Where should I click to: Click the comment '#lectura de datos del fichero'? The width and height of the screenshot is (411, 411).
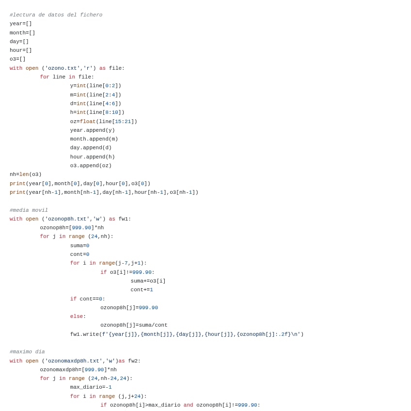pyautogui.click(x=56, y=15)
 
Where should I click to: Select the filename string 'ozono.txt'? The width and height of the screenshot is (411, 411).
pyautogui.click(x=63, y=68)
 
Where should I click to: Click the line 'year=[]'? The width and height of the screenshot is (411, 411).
pyautogui.click(x=21, y=24)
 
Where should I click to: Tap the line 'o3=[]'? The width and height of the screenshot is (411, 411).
pyautogui.click(x=17, y=59)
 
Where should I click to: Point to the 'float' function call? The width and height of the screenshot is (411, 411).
pyautogui.click(x=88, y=122)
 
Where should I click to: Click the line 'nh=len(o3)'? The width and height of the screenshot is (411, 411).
pyautogui.click(x=26, y=174)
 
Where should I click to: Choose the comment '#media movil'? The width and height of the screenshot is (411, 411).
pyautogui.click(x=29, y=210)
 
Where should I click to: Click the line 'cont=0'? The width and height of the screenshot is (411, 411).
pyautogui.click(x=79, y=254)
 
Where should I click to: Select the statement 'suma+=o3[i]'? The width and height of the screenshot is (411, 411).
pyautogui.click(x=148, y=281)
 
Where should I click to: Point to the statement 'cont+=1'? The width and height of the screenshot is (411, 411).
pyautogui.click(x=142, y=290)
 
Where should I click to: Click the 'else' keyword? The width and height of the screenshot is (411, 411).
pyautogui.click(x=77, y=316)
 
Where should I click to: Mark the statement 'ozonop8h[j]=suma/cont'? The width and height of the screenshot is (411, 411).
pyautogui.click(x=134, y=325)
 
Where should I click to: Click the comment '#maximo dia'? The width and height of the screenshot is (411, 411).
pyautogui.click(x=27, y=352)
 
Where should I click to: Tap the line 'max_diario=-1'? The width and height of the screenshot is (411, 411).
pyautogui.click(x=91, y=387)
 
